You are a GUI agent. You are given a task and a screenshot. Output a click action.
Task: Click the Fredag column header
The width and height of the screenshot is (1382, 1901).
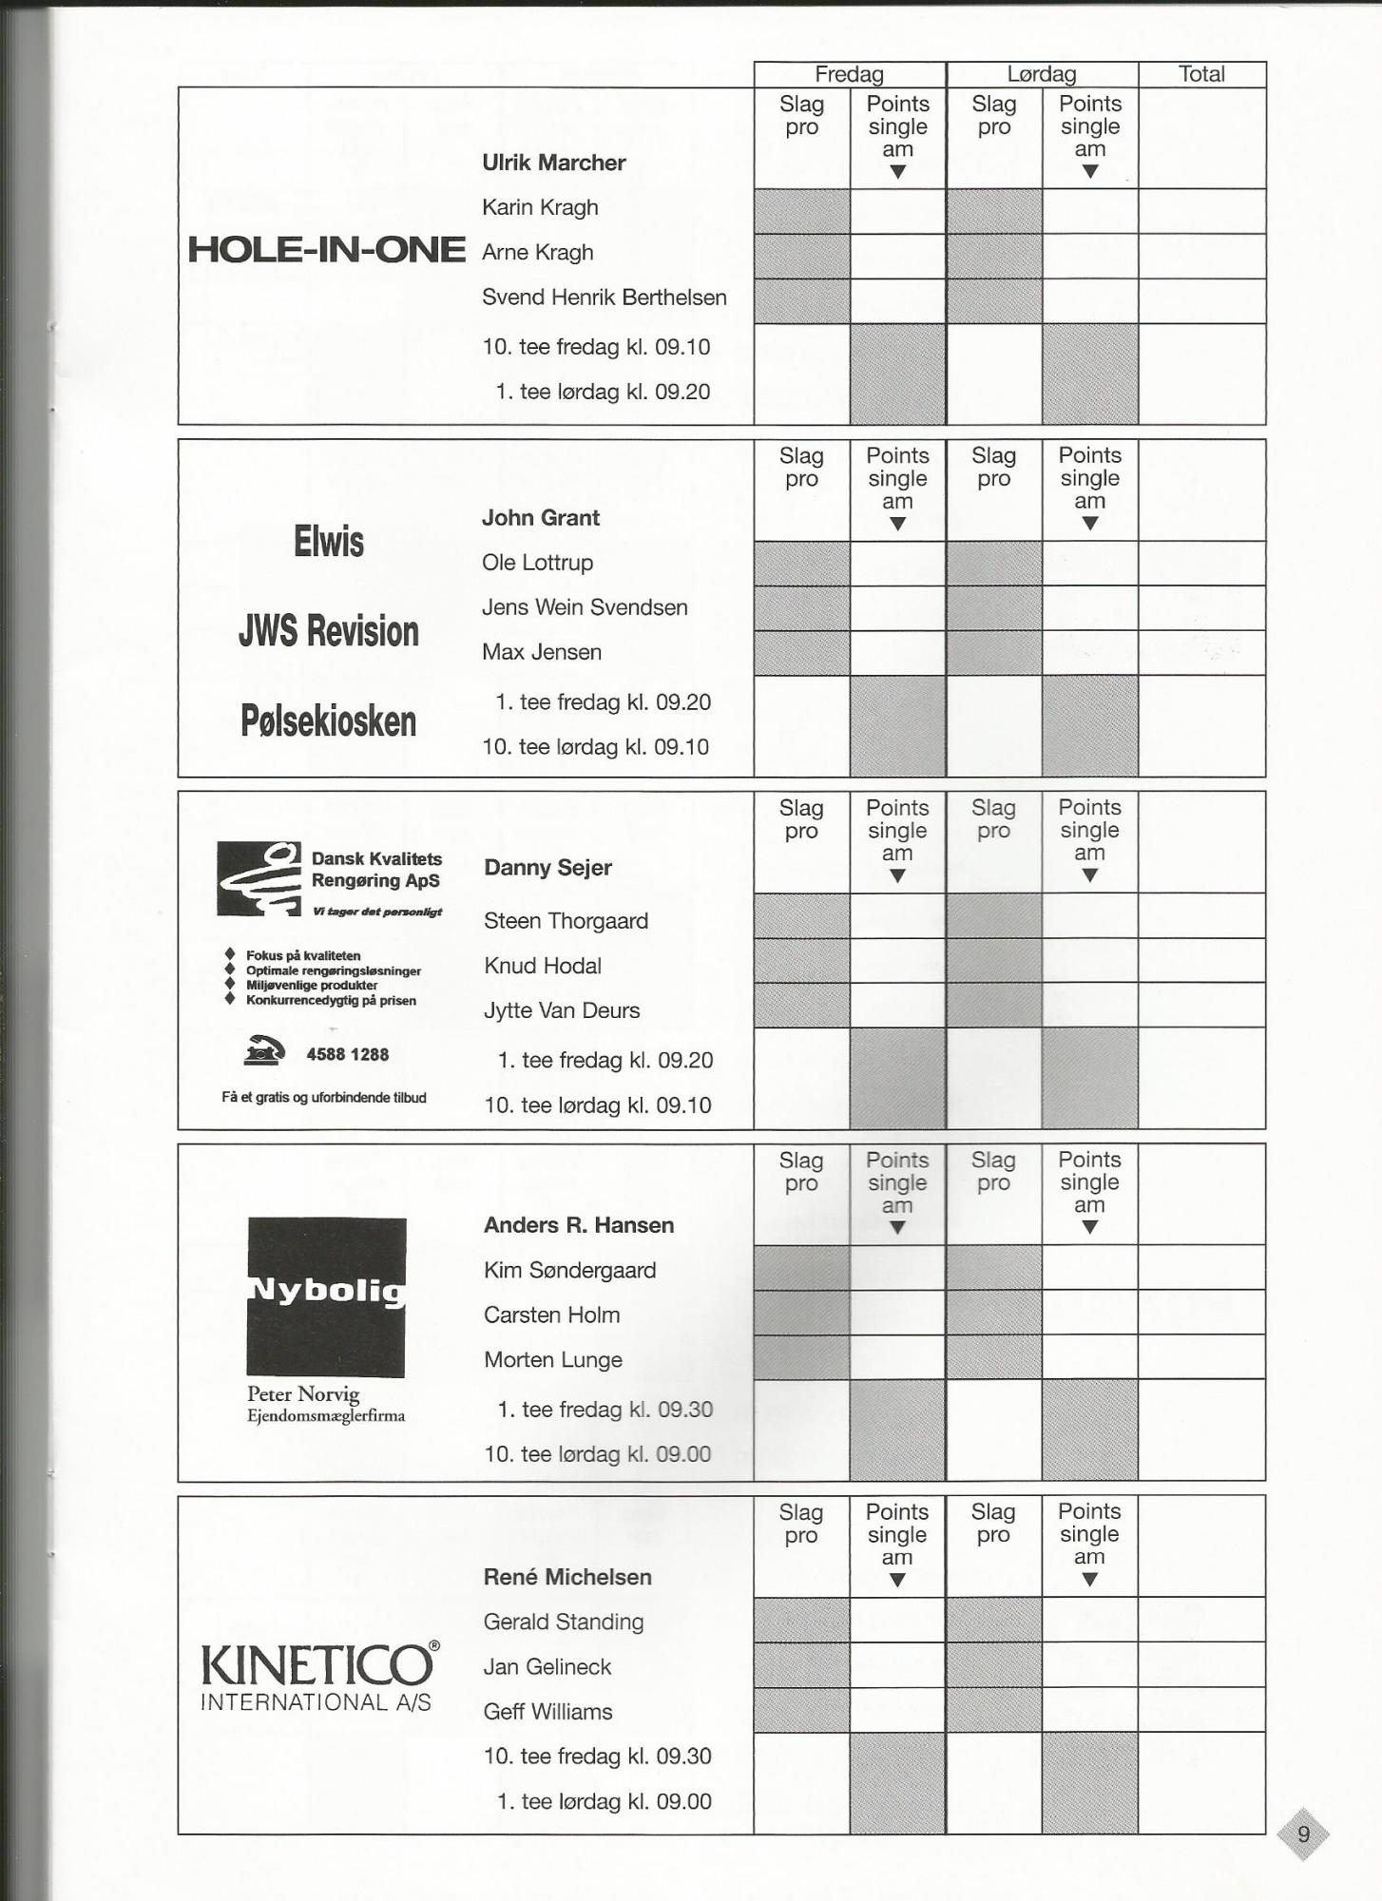(x=849, y=74)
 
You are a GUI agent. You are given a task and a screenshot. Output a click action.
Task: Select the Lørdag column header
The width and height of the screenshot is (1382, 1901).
(x=1042, y=74)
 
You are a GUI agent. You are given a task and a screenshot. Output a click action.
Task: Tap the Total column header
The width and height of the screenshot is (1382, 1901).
(x=1201, y=74)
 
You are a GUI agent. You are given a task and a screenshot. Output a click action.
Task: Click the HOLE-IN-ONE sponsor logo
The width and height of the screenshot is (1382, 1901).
(x=326, y=250)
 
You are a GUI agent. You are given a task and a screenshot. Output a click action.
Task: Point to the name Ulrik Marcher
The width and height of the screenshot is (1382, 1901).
(x=553, y=163)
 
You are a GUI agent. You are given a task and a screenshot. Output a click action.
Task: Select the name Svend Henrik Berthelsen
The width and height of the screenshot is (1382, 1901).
(x=604, y=298)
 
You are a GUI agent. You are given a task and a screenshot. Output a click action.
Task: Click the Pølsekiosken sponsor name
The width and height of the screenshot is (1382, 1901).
(x=328, y=721)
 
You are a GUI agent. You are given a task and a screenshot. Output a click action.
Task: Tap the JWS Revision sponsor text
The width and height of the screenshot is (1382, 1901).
(x=328, y=631)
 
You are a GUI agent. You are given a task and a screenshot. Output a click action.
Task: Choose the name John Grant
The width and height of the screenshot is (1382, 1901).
(x=540, y=518)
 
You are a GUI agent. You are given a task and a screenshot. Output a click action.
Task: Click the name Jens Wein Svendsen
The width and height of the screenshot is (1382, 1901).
(x=585, y=607)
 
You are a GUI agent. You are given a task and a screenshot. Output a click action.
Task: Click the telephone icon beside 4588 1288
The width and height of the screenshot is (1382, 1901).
(x=264, y=1050)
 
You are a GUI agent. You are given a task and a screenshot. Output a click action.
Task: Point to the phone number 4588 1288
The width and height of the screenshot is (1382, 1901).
(x=347, y=1054)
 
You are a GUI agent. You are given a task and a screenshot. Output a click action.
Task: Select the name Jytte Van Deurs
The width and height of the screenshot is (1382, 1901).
(x=562, y=1010)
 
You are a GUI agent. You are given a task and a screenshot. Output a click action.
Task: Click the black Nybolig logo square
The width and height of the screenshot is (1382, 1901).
(x=326, y=1296)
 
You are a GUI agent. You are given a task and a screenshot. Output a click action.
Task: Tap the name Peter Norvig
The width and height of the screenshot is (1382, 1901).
(x=303, y=1394)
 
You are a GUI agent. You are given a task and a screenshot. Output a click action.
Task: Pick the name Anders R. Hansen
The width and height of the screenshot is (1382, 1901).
(x=578, y=1225)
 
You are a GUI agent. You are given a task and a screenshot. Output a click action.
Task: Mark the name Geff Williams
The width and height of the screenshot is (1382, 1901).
(x=547, y=1712)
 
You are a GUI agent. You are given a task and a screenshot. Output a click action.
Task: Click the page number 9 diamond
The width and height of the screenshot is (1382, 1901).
(x=1303, y=1834)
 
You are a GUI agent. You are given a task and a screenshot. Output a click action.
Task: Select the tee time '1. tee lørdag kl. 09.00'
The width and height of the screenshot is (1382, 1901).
(x=604, y=1801)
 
